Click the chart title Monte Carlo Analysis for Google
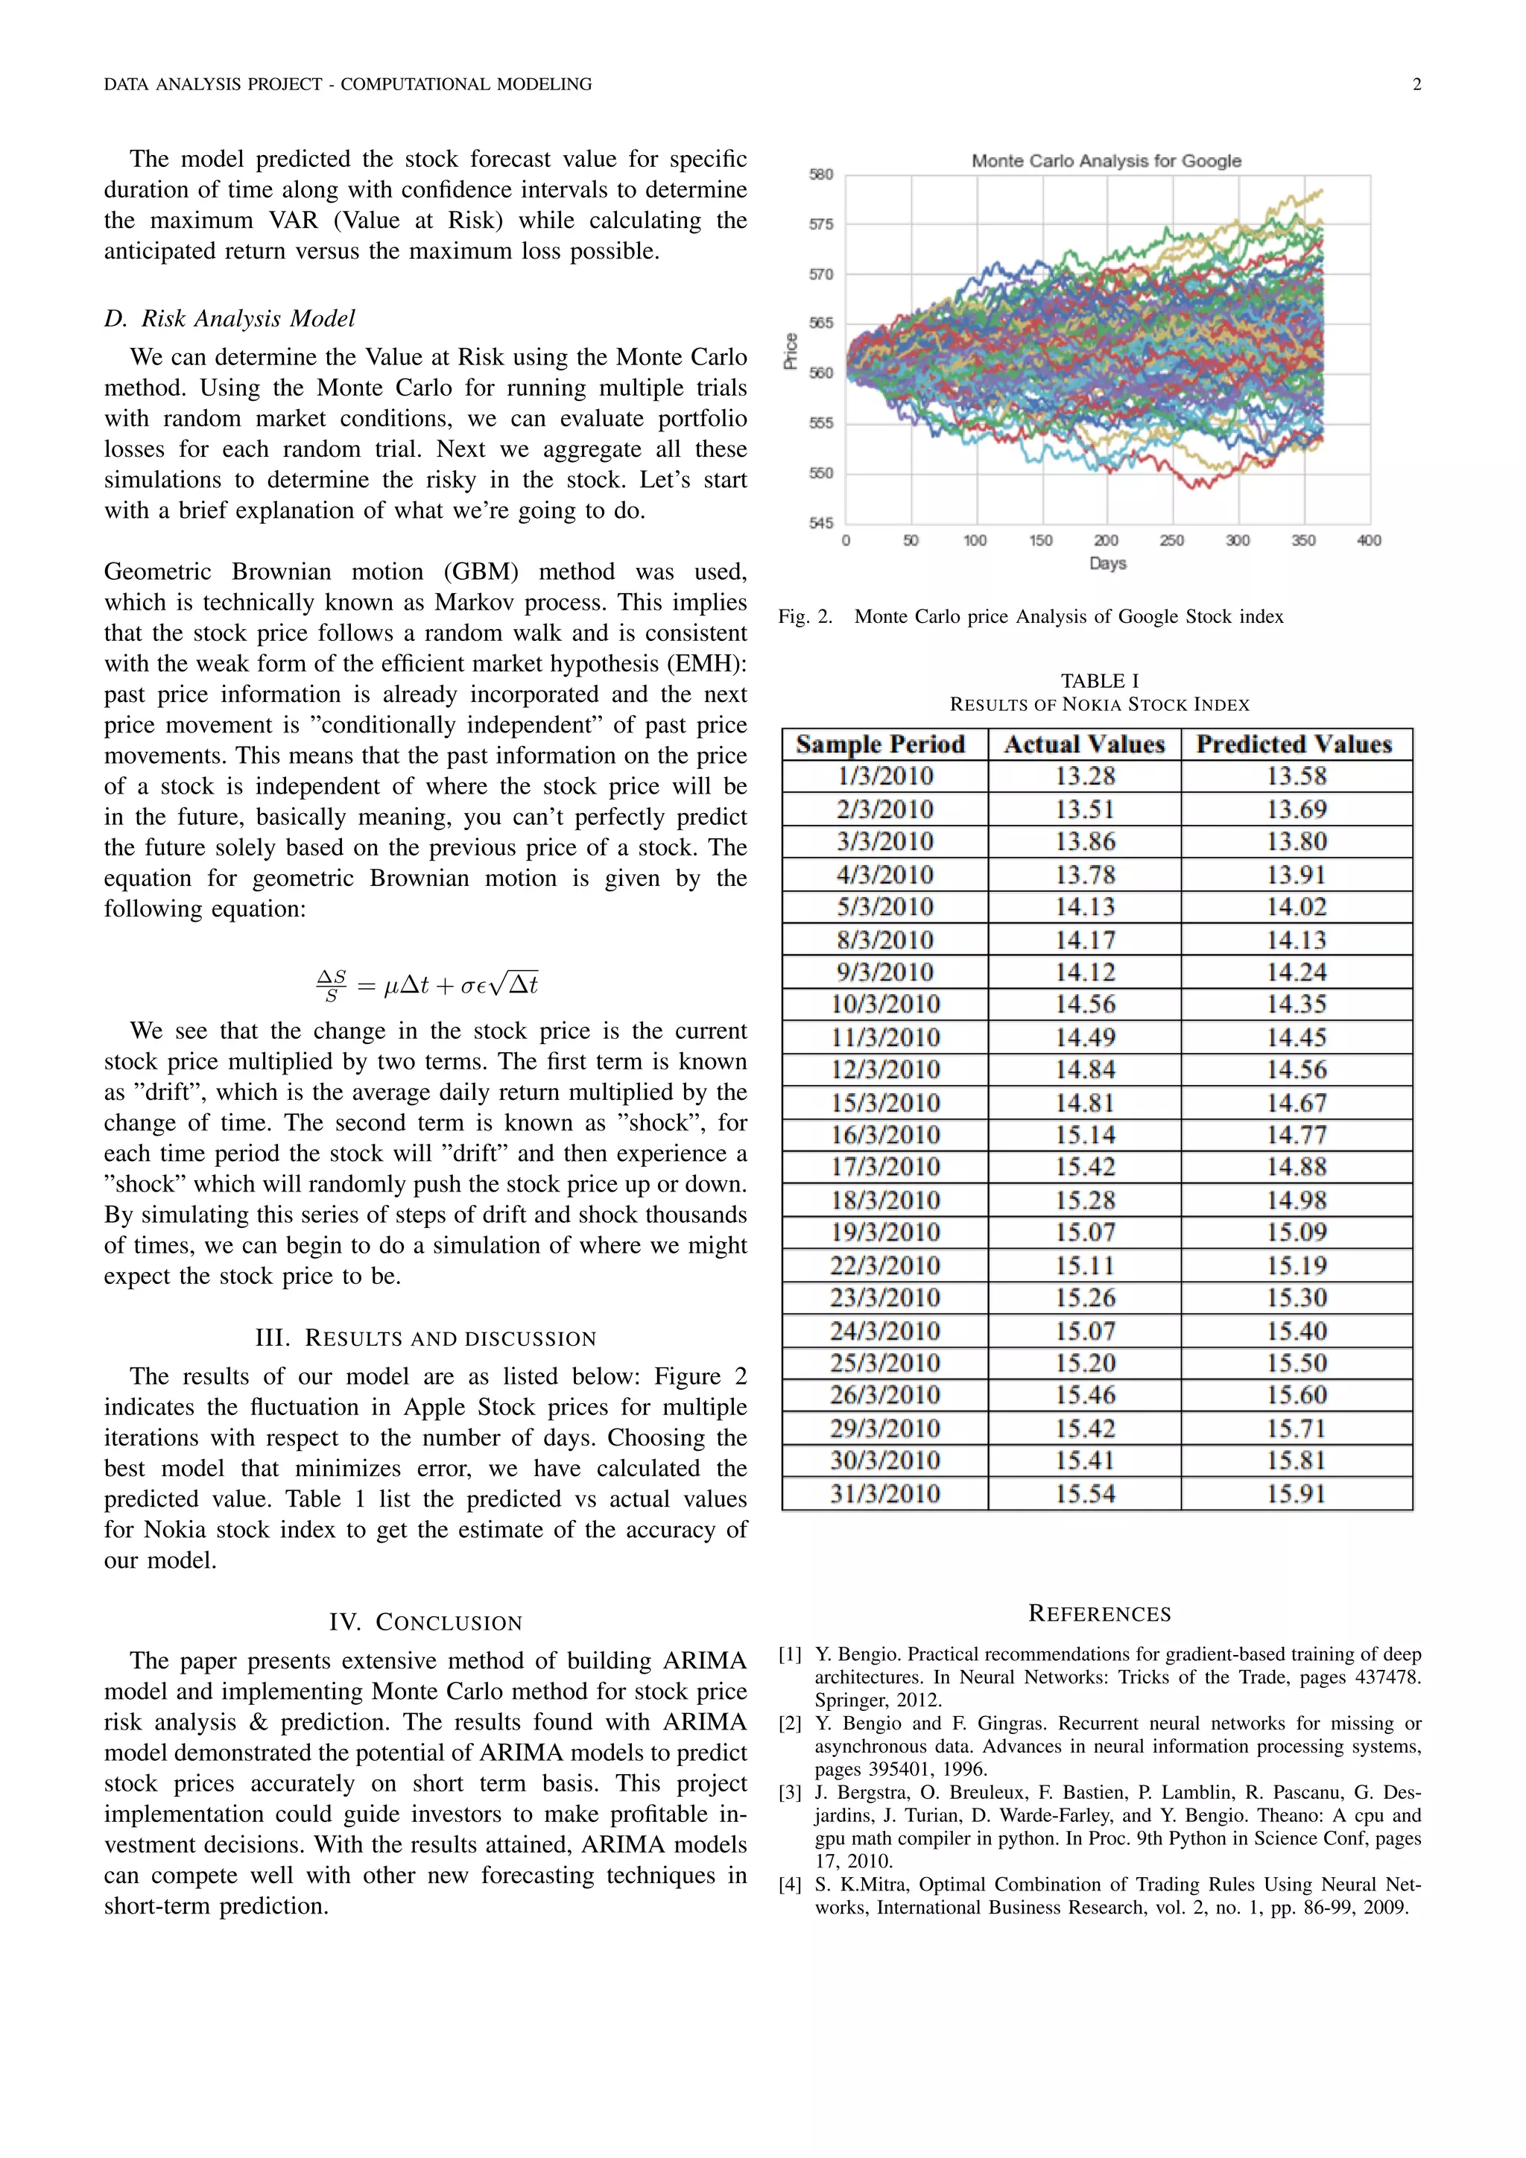[x=1106, y=161]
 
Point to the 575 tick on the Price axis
[x=820, y=224]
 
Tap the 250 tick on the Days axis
[x=1172, y=540]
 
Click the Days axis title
[x=1108, y=563]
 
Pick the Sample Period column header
[x=881, y=744]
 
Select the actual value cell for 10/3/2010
[x=1084, y=1004]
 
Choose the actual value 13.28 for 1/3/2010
[x=1084, y=776]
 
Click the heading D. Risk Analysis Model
[x=229, y=319]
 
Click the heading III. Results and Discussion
[x=425, y=1338]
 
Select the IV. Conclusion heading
[x=425, y=1622]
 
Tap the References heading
[x=1099, y=1614]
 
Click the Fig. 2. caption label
[x=805, y=616]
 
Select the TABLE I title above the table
[x=1099, y=680]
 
